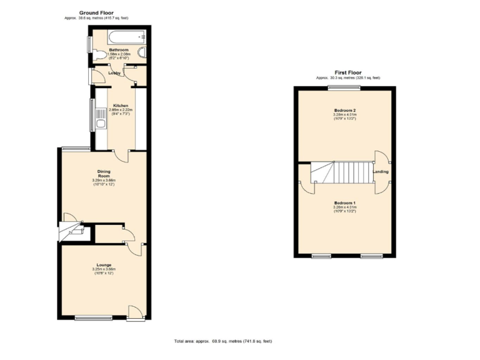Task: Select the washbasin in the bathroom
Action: coord(142,54)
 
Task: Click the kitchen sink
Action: coord(101,123)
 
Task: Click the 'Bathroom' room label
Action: coord(119,49)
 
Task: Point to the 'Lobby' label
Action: coord(114,73)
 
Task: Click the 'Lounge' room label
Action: coord(104,264)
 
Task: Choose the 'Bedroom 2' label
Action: coord(345,110)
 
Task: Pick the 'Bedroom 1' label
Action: coord(344,203)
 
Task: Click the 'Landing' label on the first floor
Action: coord(380,171)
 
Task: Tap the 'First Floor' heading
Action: coord(347,72)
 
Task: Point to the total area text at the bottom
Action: coord(223,341)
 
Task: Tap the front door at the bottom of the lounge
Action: coord(134,312)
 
